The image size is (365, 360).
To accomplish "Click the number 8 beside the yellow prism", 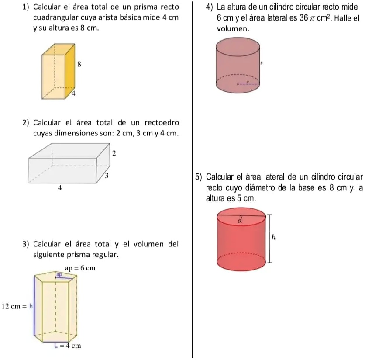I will tap(79, 64).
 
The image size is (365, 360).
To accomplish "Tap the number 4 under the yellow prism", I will tap(73, 93).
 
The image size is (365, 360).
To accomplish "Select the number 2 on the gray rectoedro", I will tap(114, 153).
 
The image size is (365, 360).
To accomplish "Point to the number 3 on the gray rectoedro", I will tap(107, 176).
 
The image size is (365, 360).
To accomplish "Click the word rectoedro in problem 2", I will tap(159, 123).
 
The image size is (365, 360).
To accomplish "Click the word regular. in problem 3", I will tap(104, 254).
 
